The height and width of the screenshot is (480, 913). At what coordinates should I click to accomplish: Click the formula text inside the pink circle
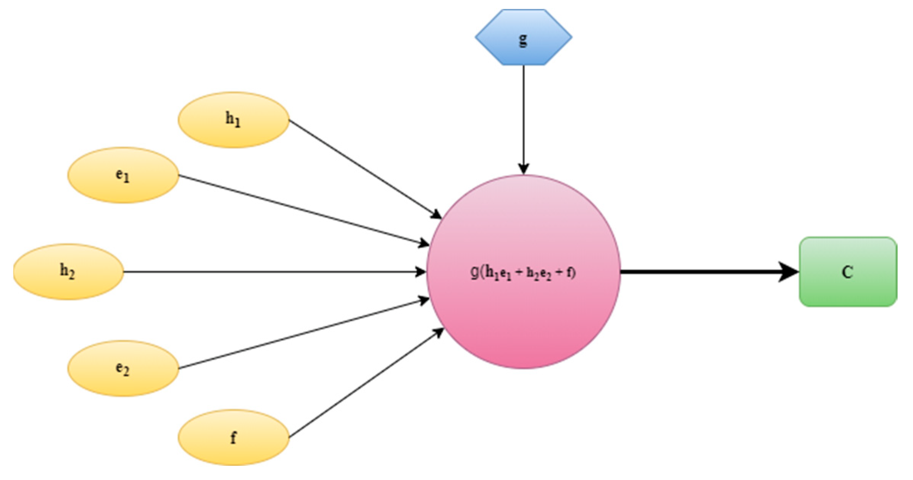tap(523, 273)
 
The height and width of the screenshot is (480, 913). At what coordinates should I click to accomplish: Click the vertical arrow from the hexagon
tap(523, 115)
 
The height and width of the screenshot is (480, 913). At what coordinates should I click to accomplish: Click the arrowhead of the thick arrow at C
tap(788, 272)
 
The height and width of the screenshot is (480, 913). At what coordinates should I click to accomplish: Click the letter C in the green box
tap(847, 272)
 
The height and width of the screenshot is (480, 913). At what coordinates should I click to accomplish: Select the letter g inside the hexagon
tap(523, 39)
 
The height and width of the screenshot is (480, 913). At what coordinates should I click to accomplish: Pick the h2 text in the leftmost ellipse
tap(68, 271)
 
